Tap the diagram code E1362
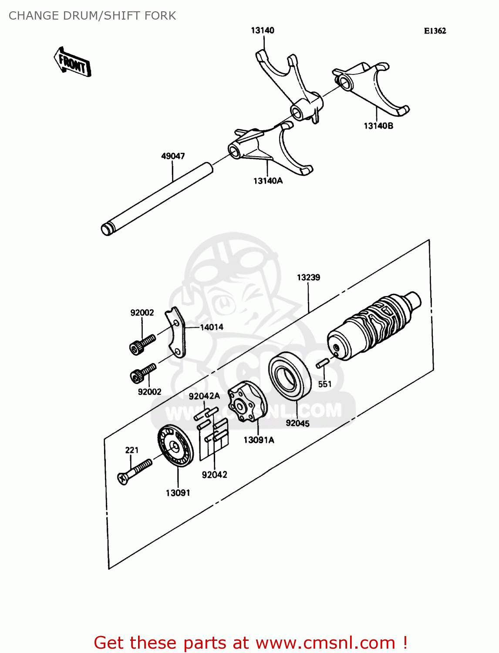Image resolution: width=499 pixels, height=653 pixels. pyautogui.click(x=435, y=31)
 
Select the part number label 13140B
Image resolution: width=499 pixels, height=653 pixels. pyautogui.click(x=378, y=126)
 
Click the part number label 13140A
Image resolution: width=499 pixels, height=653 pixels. pyautogui.click(x=268, y=181)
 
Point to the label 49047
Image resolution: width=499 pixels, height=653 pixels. pyautogui.click(x=173, y=156)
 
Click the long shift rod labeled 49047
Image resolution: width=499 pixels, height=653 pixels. pyautogui.click(x=157, y=199)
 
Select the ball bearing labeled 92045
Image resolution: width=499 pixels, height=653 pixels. pyautogui.click(x=289, y=376)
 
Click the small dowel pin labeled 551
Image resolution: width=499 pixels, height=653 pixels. pyautogui.click(x=322, y=364)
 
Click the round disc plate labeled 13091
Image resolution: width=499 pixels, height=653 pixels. pyautogui.click(x=175, y=446)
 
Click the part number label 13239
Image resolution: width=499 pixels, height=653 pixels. pyautogui.click(x=308, y=277)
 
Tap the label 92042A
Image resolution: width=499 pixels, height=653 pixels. pyautogui.click(x=204, y=396)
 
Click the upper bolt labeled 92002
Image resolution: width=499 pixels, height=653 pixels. pyautogui.click(x=142, y=344)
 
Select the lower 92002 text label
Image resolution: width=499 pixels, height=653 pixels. pyautogui.click(x=149, y=392)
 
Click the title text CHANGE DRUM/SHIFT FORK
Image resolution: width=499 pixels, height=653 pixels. pyautogui.click(x=92, y=16)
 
